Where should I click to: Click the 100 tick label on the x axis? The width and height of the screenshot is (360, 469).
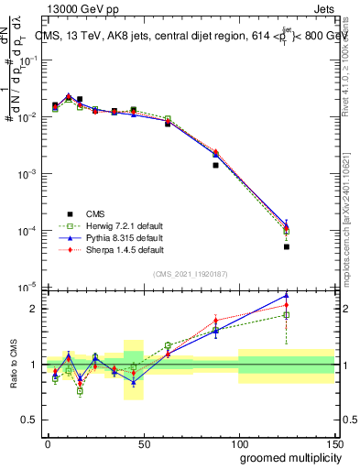tap(239, 443)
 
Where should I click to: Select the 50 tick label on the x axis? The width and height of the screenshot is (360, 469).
tap(144, 443)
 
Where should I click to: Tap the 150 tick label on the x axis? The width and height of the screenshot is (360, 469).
tap(334, 443)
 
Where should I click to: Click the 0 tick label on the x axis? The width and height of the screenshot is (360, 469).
tap(48, 443)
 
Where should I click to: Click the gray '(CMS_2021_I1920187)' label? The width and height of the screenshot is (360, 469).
tap(190, 274)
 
